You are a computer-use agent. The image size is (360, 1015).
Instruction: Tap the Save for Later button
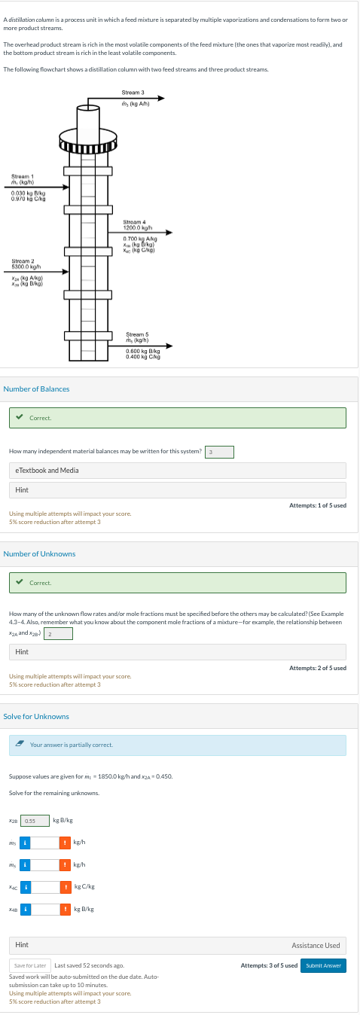[x=31, y=965]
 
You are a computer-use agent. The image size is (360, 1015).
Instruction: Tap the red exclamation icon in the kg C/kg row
[x=66, y=887]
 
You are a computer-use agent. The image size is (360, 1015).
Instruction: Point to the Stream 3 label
[x=133, y=93]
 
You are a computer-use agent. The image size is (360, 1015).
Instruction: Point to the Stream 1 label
[x=22, y=177]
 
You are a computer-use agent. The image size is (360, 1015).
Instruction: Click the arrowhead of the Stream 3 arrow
[x=160, y=98]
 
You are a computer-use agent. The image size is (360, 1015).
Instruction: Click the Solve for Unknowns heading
[x=36, y=716]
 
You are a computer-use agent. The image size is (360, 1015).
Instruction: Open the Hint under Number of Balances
[x=23, y=490]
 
